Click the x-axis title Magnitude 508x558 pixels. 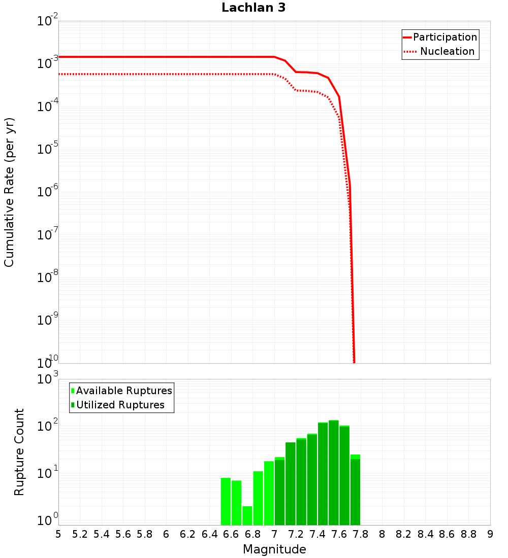tap(274, 549)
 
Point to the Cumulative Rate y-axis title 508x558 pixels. tap(9, 192)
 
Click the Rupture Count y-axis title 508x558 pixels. tap(19, 452)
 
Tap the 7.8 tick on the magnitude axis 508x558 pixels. tap(382, 534)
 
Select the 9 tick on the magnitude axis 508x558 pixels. tap(490, 534)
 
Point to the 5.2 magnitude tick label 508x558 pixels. tap(80, 534)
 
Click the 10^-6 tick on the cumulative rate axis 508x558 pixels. tap(47, 192)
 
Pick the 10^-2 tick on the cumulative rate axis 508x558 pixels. tap(47, 21)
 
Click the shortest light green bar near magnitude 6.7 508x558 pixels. tap(247, 515)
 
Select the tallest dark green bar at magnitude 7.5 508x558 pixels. tap(333, 472)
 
